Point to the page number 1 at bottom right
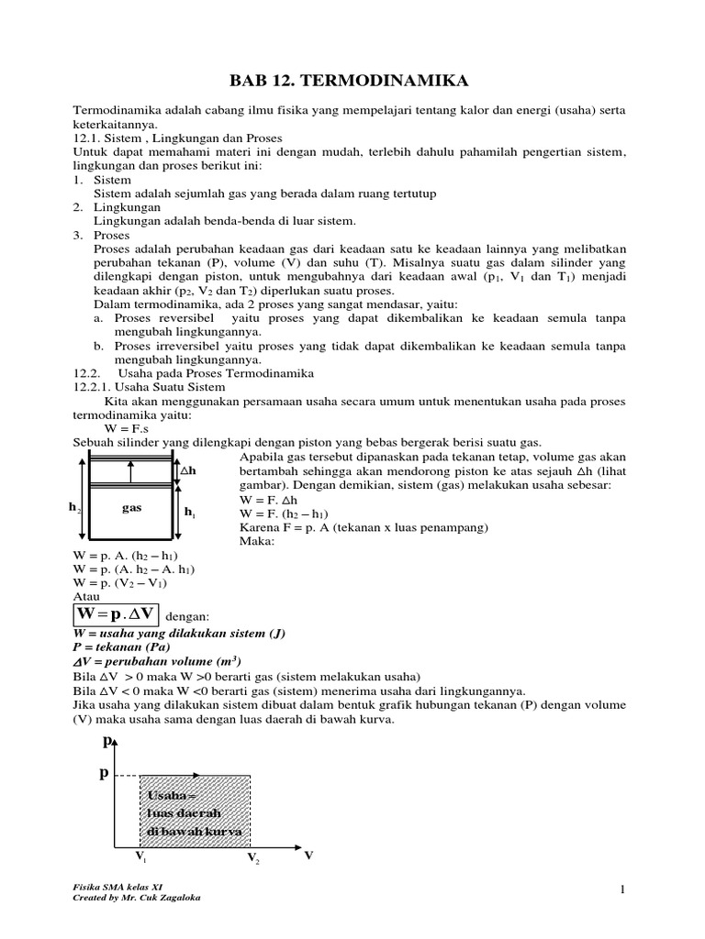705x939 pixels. pos(621,890)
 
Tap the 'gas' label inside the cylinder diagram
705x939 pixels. pos(131,507)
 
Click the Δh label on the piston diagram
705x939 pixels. pos(188,470)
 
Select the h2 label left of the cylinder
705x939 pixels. pos(75,507)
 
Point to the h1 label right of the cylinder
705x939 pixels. pos(190,513)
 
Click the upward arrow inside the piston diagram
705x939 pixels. pos(131,471)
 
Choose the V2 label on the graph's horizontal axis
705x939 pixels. pos(252,858)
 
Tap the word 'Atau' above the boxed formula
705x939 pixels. pos(86,595)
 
